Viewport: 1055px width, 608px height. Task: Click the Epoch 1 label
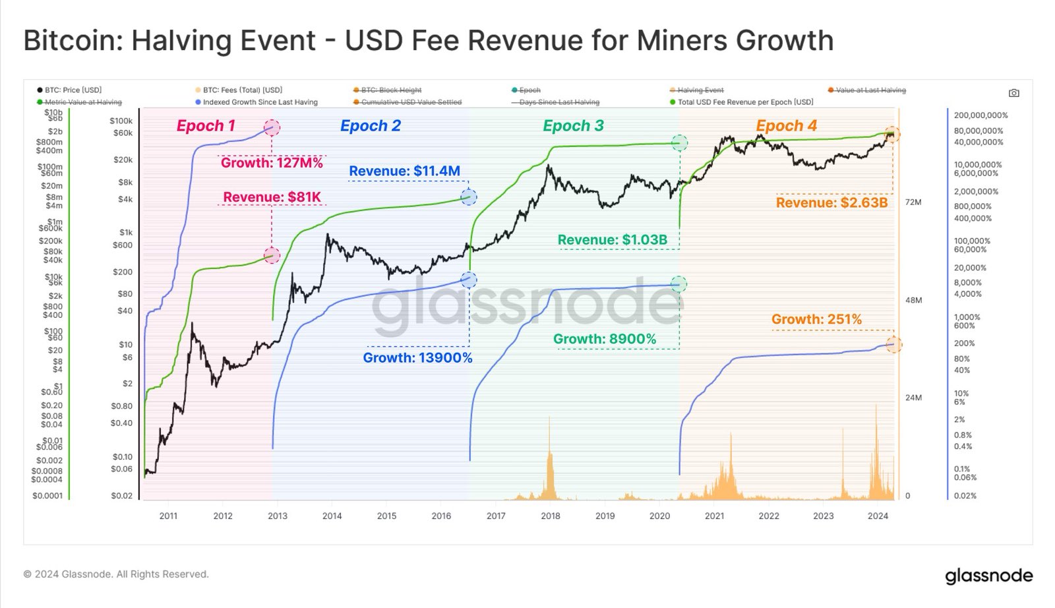tap(206, 126)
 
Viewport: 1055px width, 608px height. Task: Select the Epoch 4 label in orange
tap(786, 126)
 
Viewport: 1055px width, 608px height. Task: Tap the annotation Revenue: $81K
tap(272, 197)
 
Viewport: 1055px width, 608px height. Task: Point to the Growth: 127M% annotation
tap(272, 163)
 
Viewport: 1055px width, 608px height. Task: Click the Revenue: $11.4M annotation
tap(404, 171)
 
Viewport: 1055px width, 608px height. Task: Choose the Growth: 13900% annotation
tap(417, 358)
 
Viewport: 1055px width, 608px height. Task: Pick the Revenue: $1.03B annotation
tap(612, 240)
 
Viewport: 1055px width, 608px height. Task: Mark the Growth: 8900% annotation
tap(605, 339)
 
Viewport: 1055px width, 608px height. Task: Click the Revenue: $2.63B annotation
tap(831, 203)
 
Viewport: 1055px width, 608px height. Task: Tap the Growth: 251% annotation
tap(816, 320)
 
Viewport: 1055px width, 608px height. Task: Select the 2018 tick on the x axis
tap(551, 516)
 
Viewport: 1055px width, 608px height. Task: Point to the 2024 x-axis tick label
tap(878, 516)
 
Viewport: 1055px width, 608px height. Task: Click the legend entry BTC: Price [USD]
tap(73, 90)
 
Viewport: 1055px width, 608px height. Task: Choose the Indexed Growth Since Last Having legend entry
tap(260, 102)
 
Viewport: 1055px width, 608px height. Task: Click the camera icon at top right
tap(1014, 93)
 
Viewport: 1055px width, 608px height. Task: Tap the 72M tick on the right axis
tap(913, 202)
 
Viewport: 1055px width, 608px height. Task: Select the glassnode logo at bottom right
tap(988, 576)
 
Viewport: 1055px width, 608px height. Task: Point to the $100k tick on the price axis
tap(121, 121)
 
